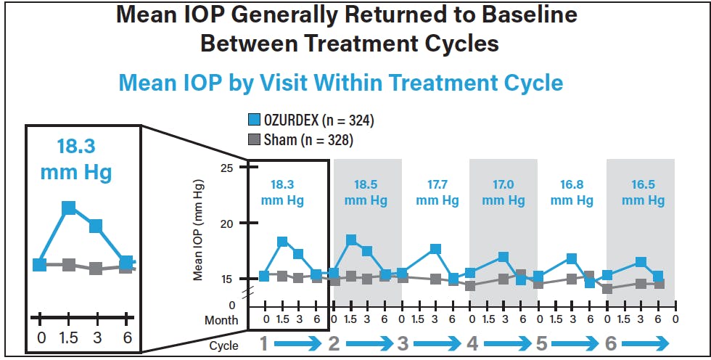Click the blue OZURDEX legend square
tap(255, 120)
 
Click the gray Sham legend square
tap(255, 140)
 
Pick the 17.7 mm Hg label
tap(435, 192)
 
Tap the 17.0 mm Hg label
tap(504, 192)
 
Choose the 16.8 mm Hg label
tap(572, 192)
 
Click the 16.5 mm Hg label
tap(641, 192)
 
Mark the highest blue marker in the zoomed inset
tap(69, 208)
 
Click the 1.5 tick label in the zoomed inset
tap(69, 338)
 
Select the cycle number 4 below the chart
tap(472, 345)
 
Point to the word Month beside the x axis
tap(221, 320)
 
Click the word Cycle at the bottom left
tap(223, 345)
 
